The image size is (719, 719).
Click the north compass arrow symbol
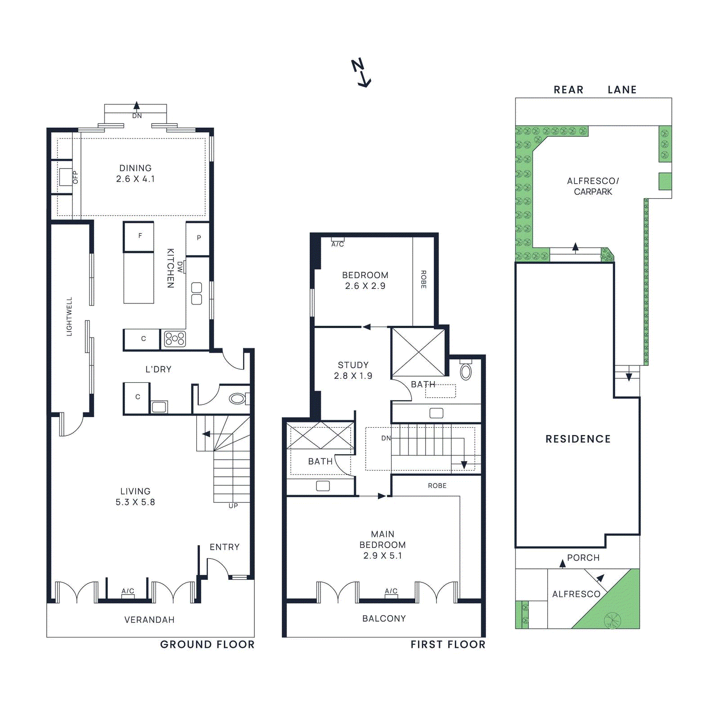pos(361,72)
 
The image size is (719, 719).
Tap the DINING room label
pos(135,168)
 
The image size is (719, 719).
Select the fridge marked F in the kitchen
pos(139,236)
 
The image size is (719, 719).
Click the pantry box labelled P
pos(198,239)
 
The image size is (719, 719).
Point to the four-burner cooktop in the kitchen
pos(174,338)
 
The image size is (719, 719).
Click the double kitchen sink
pos(196,293)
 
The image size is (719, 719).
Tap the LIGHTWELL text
pos(69,316)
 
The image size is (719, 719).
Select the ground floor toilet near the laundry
pos(238,399)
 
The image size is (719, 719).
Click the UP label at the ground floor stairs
pos(233,506)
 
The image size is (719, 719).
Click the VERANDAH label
pos(149,620)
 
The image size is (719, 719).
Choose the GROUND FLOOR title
pos(207,644)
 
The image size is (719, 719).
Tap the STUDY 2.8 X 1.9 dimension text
pos(353,376)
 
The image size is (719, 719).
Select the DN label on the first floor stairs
pos(386,438)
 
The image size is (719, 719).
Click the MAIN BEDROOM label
pos(383,539)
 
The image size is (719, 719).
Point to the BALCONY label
pos(384,619)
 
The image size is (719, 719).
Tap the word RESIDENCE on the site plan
pos(578,439)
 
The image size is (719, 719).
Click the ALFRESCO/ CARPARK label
pos(593,186)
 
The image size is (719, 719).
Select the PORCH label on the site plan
pos(583,558)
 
